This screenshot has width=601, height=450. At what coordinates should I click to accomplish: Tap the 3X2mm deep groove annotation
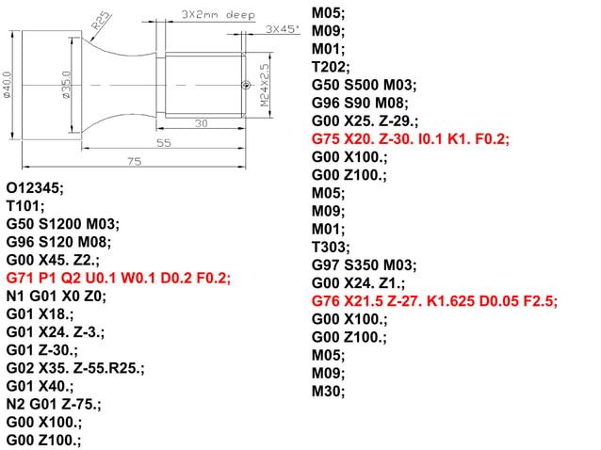click(x=217, y=16)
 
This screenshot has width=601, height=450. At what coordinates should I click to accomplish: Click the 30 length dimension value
click(x=201, y=123)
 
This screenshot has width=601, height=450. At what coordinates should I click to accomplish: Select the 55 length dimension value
click(x=163, y=142)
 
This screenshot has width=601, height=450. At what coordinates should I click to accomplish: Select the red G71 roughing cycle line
click(x=118, y=278)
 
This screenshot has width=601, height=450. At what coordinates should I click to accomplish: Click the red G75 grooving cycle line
click(x=410, y=138)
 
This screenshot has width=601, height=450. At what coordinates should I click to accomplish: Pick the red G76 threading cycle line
click(x=434, y=301)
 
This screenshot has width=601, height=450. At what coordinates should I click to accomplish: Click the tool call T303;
click(x=331, y=247)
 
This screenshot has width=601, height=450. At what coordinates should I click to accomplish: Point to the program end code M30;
click(x=329, y=391)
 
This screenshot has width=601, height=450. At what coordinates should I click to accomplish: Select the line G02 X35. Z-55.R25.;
click(x=74, y=368)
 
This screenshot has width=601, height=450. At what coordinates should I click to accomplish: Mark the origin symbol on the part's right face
click(x=246, y=86)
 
